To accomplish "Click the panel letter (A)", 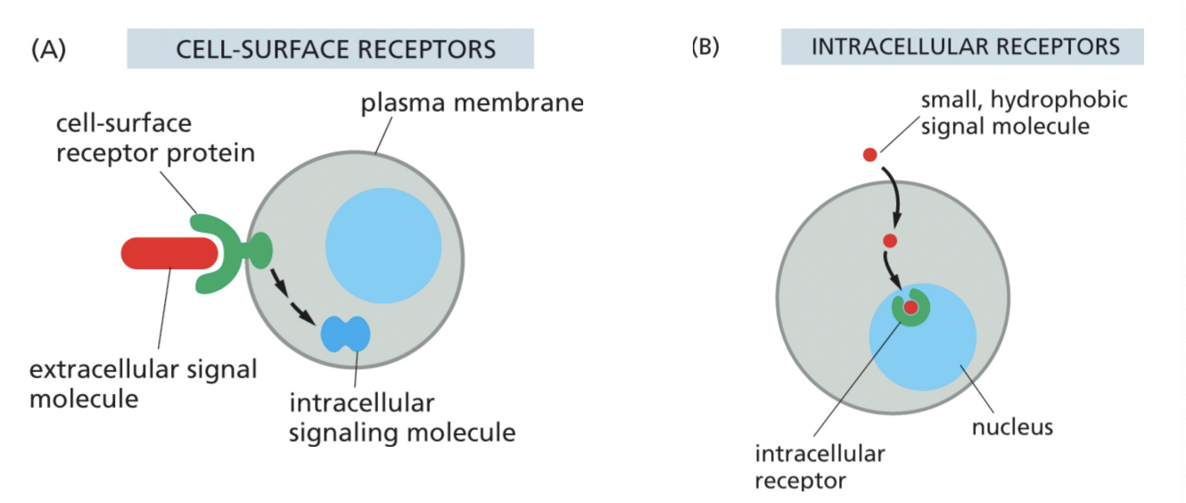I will click(48, 49).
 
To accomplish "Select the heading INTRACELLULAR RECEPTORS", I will click(964, 46).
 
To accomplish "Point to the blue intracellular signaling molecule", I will click(346, 334).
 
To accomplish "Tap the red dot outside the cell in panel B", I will click(869, 155).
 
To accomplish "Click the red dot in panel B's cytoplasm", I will click(889, 241).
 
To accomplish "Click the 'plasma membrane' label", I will click(472, 103).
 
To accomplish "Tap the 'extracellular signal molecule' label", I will click(143, 383).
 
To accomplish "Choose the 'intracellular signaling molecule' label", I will click(402, 417).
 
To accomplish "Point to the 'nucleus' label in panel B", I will click(1012, 426).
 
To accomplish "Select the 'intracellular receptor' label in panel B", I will click(819, 466).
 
